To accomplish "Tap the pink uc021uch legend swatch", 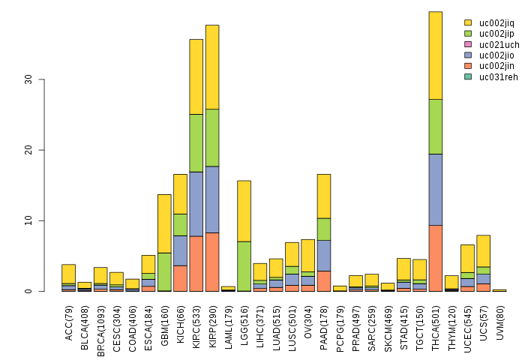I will (x=468, y=44).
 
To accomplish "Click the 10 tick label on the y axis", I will (x=31, y=220).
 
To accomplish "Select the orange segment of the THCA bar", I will (x=436, y=258).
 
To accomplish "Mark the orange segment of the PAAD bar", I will (x=324, y=280).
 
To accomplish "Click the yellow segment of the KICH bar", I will (x=180, y=193).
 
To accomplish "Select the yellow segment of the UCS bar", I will (x=484, y=250).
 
